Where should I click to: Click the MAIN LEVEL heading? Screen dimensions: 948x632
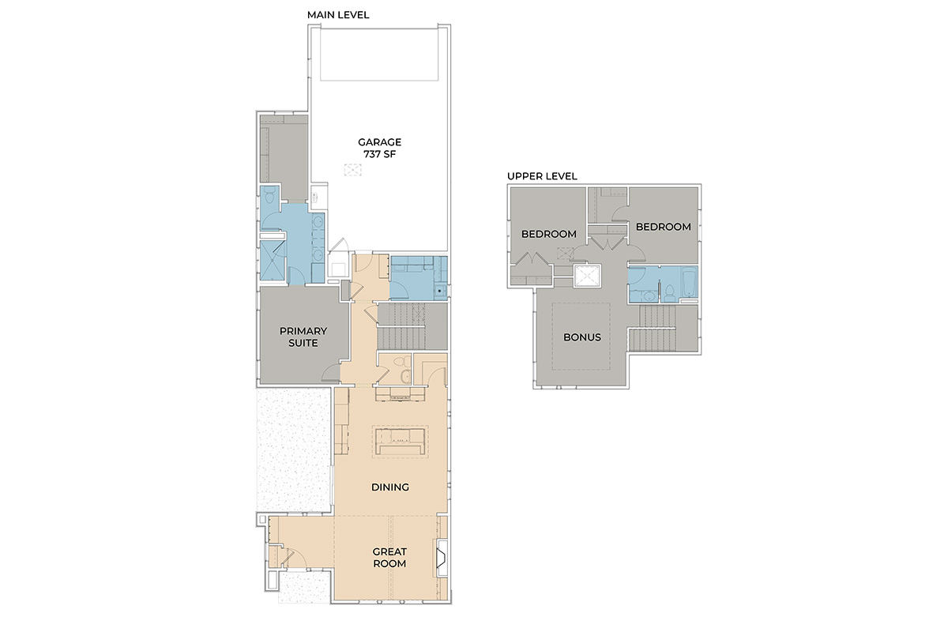coord(338,15)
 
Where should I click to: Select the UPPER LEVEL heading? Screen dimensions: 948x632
coord(542,176)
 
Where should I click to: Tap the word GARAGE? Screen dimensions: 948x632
coord(380,142)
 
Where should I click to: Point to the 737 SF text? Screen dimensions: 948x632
coord(380,155)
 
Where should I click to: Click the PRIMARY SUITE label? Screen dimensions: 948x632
coord(303,337)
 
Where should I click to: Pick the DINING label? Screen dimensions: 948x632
coord(390,487)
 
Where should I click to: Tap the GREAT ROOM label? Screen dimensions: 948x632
coord(389,558)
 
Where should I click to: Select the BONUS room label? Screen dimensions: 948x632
coord(582,337)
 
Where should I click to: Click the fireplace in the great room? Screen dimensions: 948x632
coord(442,558)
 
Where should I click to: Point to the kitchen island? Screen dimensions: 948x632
coord(400,442)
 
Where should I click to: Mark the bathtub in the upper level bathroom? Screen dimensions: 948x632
coord(689,283)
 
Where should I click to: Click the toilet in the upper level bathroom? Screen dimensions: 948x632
coord(670,293)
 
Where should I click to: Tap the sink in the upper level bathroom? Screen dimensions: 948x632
coord(648,296)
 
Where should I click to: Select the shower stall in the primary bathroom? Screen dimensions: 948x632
coord(273,261)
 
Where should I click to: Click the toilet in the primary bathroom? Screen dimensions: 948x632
coord(269,196)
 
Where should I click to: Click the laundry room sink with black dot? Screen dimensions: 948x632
coord(440,292)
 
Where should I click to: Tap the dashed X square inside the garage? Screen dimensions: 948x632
coord(352,170)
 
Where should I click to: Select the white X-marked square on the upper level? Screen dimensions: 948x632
coord(588,276)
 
